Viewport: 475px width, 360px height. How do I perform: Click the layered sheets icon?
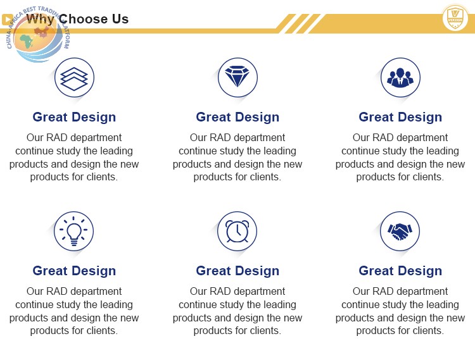[74, 78]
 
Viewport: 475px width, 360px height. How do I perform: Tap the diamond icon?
[237, 77]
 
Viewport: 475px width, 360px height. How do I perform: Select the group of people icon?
[400, 78]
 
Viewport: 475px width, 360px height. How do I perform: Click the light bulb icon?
[73, 231]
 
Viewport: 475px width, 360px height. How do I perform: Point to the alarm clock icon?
[237, 231]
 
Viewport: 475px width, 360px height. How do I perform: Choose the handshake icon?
[400, 232]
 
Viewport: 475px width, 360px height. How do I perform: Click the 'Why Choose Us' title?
[77, 19]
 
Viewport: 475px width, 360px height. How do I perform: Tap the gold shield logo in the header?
[455, 18]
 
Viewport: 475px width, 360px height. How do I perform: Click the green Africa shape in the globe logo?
[27, 42]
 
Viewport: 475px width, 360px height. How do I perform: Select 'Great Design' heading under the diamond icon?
[237, 117]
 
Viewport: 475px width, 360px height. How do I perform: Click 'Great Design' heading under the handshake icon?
[400, 271]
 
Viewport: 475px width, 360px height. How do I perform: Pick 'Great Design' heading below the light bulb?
[74, 271]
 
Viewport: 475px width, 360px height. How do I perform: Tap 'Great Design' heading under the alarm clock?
[237, 271]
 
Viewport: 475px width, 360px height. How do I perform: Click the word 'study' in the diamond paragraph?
[217, 151]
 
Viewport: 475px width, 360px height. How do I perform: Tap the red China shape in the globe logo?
[42, 32]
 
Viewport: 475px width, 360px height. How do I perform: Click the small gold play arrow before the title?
[7, 20]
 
